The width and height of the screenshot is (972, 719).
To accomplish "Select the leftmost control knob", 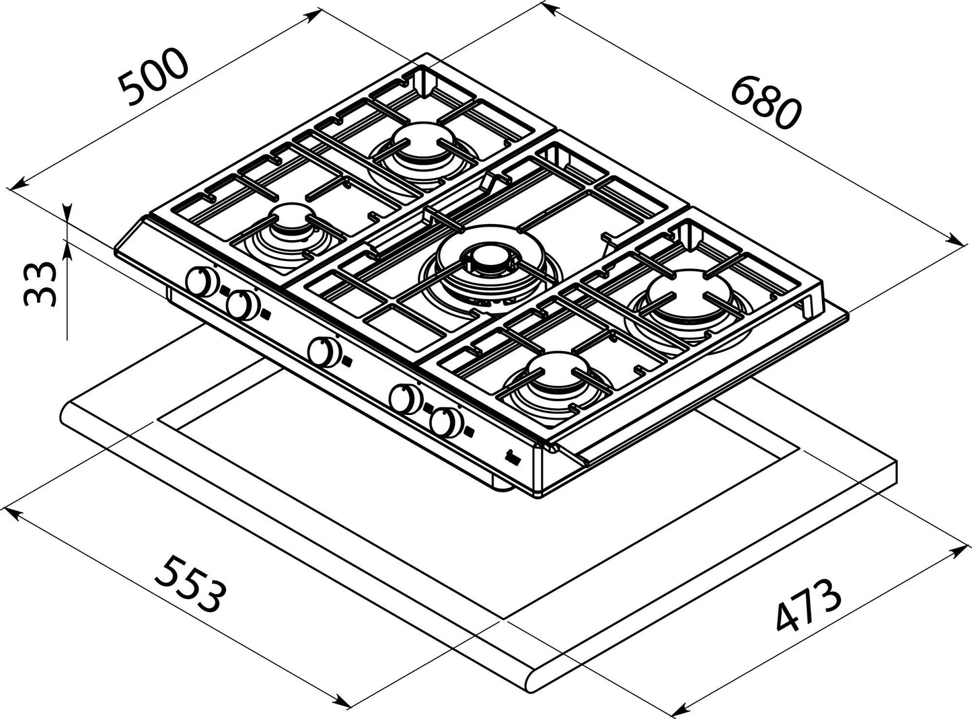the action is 202,282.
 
